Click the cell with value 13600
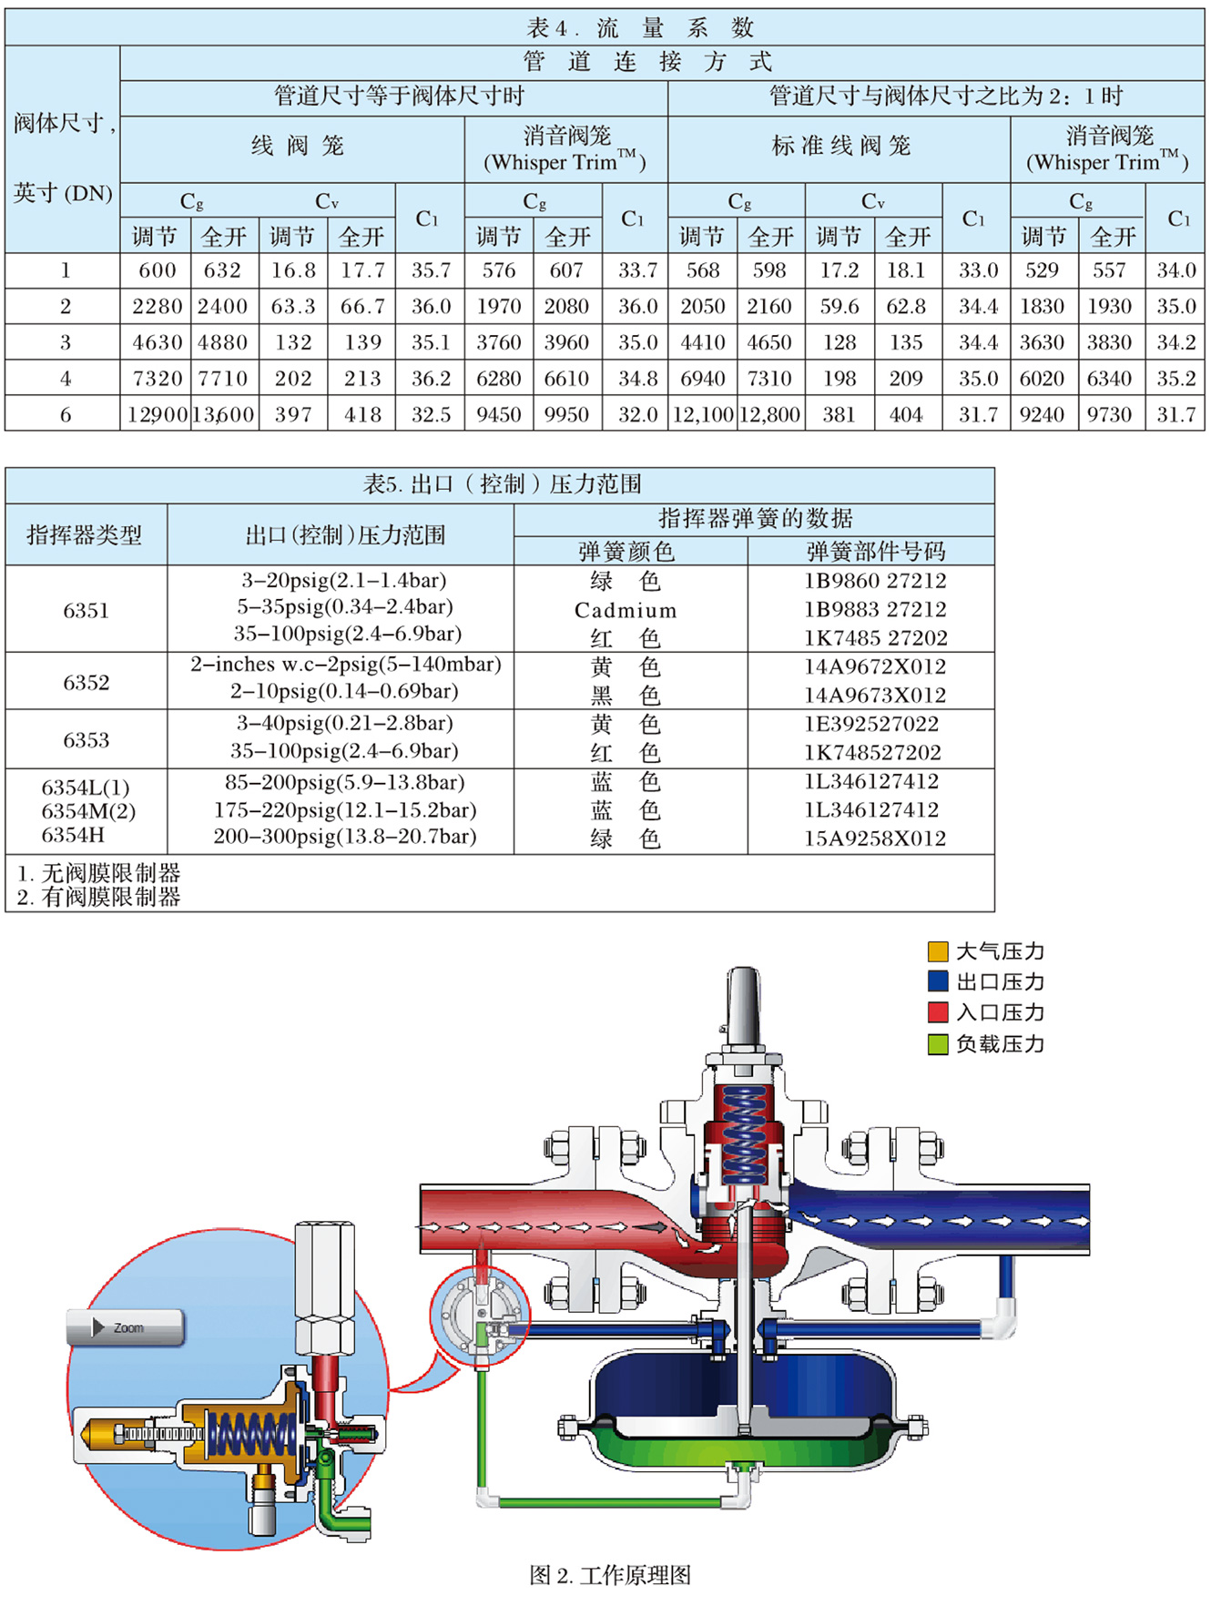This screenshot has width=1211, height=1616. (x=224, y=414)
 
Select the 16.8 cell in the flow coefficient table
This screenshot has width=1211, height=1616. (x=293, y=270)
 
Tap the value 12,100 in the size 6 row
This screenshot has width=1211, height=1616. (x=703, y=414)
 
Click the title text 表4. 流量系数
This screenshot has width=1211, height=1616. (x=640, y=27)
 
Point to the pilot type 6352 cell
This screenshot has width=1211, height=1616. (x=86, y=682)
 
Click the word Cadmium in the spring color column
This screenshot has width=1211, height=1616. (x=626, y=610)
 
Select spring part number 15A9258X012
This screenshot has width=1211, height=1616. (x=875, y=838)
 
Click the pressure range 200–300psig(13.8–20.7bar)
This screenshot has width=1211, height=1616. (x=345, y=837)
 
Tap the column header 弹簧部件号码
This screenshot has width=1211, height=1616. (x=875, y=551)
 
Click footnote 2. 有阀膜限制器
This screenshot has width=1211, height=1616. (x=98, y=897)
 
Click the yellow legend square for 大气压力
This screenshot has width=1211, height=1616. (x=938, y=951)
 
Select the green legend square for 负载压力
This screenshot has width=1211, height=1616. (x=938, y=1044)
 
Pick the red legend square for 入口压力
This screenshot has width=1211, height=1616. (x=938, y=1012)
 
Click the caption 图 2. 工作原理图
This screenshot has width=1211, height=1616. (x=610, y=1575)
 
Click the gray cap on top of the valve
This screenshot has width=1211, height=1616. (x=744, y=1006)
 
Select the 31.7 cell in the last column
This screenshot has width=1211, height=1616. (x=1175, y=414)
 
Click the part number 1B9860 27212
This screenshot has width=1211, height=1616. (x=875, y=581)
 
